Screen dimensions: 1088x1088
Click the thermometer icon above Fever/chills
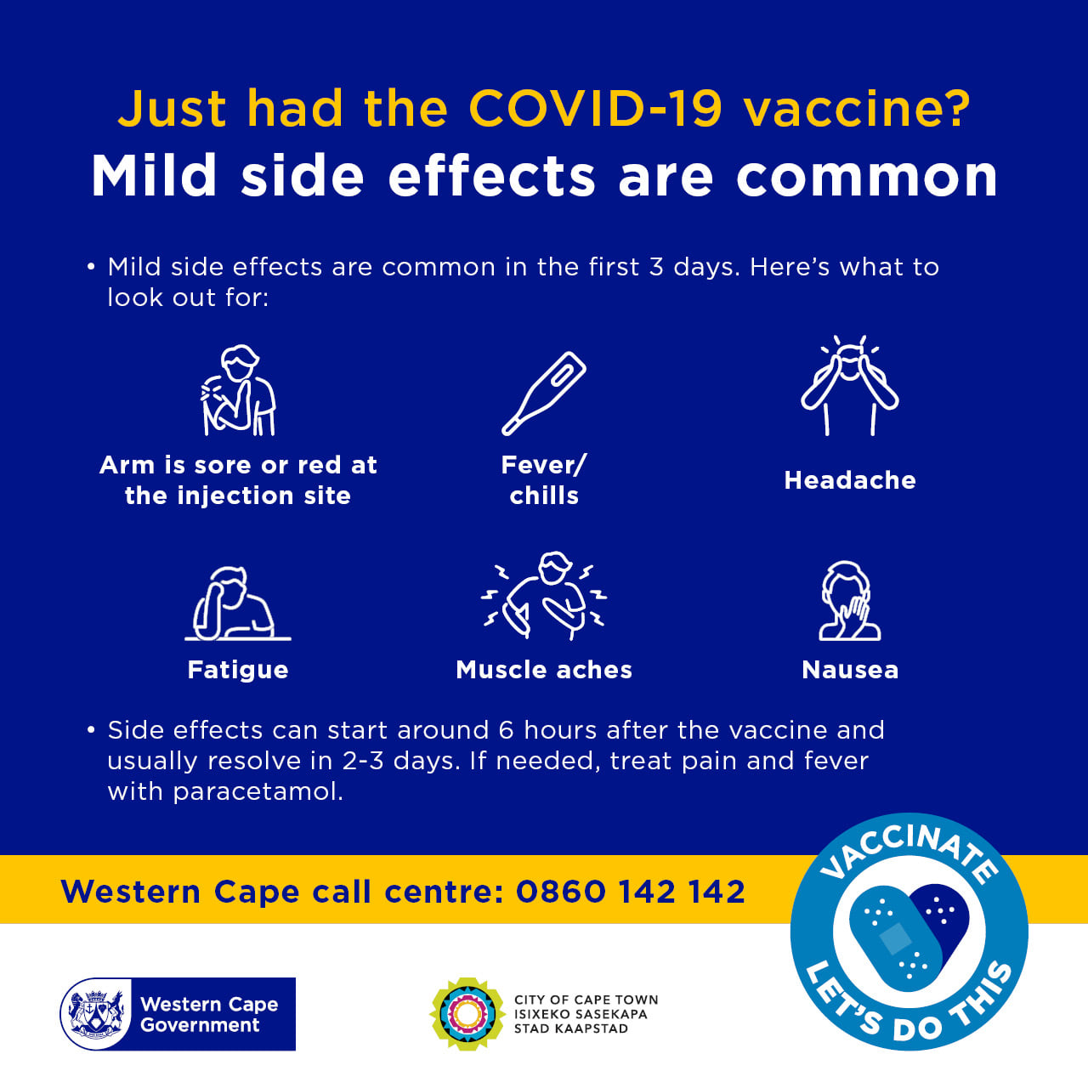coord(544,394)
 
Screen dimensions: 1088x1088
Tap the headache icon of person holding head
coord(850,385)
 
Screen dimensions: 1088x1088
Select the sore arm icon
coord(238,390)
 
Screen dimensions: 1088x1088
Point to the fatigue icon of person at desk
coord(238,603)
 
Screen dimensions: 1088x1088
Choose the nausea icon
coord(850,601)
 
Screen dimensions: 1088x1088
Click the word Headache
coord(850,480)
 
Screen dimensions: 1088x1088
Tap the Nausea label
coord(850,670)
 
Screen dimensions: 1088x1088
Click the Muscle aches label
coord(544,670)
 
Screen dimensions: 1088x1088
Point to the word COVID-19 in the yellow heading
coord(596,108)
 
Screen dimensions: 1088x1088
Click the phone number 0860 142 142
coord(631,892)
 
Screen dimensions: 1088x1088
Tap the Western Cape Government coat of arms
coord(96,1014)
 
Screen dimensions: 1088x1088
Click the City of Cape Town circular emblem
coord(467,1014)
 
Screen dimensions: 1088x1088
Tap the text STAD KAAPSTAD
coord(571,1028)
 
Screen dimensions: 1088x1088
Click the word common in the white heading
coord(867,176)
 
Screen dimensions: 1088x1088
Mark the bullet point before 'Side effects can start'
coord(91,730)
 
